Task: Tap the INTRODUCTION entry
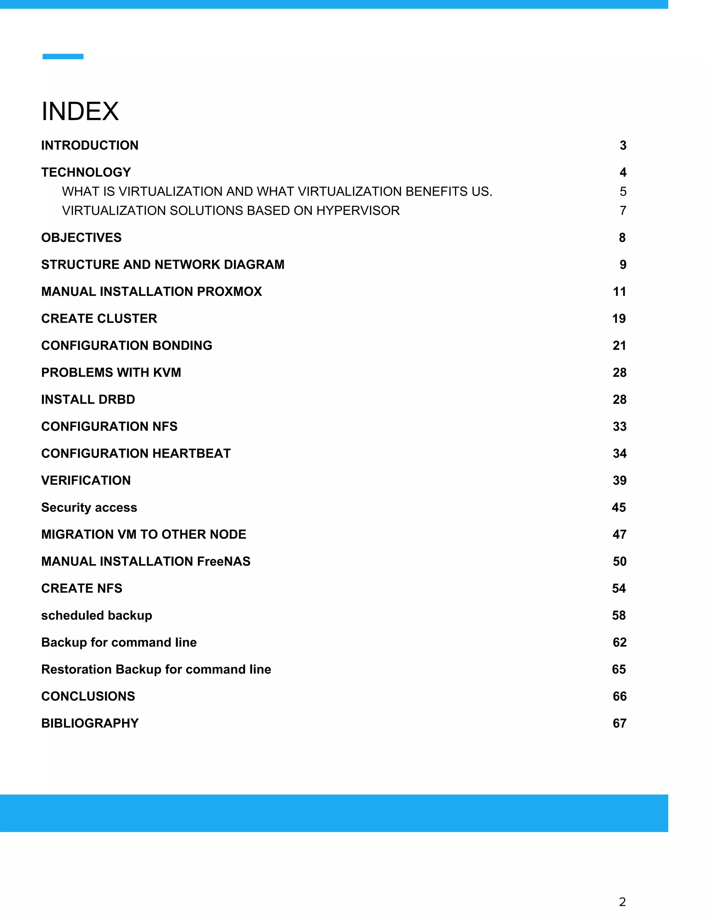[x=89, y=145]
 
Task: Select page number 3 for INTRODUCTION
[x=623, y=145]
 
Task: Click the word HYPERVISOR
[x=358, y=211]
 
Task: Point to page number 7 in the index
[x=623, y=211]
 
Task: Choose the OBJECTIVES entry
[x=81, y=237]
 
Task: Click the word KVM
[x=167, y=372]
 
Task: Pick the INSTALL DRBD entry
[x=88, y=399]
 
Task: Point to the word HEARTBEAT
[x=191, y=453]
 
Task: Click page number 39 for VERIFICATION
[x=619, y=480]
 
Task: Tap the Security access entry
[x=89, y=507]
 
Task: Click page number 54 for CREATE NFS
[x=619, y=588]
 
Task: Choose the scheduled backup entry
[x=97, y=615]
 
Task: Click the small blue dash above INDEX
[x=63, y=57]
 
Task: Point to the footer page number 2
[x=622, y=902]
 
